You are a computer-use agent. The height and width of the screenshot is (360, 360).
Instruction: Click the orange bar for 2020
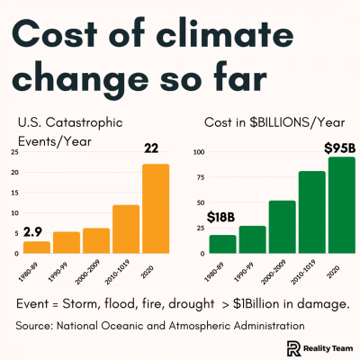[155, 209]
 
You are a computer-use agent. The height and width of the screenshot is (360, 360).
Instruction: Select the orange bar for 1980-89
[37, 247]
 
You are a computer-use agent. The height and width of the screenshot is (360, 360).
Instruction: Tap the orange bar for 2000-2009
[95, 241]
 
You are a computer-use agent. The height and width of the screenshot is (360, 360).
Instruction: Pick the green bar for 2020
[341, 206]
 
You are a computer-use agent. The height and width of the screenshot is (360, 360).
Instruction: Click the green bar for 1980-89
[222, 244]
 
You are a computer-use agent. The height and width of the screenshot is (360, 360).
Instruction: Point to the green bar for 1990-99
[252, 239]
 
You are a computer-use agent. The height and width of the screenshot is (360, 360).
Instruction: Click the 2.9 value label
[34, 231]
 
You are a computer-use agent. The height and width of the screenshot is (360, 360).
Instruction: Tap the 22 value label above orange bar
[154, 149]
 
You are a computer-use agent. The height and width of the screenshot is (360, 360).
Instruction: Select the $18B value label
[222, 219]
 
